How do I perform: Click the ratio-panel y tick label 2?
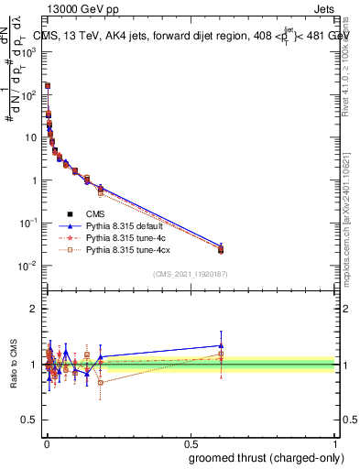pyautogui.click(x=35, y=309)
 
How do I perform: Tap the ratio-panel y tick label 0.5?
pyautogui.click(x=31, y=421)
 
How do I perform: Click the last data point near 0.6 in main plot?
pyautogui.click(x=221, y=248)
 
